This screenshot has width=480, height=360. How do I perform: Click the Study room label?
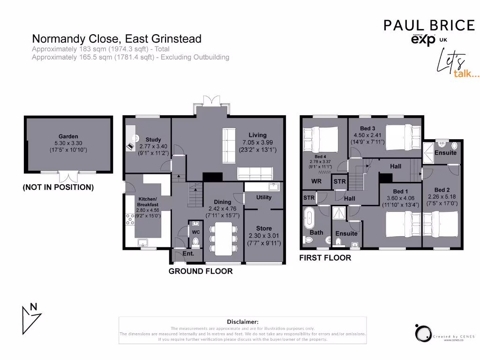click(x=153, y=140)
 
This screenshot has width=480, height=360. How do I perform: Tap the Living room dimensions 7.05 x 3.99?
click(x=257, y=142)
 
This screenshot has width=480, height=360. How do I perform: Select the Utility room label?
click(x=264, y=197)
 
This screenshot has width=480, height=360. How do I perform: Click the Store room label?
click(x=264, y=229)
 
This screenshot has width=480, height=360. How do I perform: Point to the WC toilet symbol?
click(x=196, y=242)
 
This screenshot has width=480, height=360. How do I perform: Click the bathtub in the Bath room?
click(x=309, y=219)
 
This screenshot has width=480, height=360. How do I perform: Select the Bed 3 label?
click(x=367, y=128)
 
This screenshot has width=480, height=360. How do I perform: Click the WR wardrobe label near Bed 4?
click(x=316, y=181)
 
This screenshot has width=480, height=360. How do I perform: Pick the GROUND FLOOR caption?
click(x=201, y=271)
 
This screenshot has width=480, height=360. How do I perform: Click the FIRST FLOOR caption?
click(x=325, y=258)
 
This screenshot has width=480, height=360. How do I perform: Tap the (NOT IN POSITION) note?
click(x=58, y=187)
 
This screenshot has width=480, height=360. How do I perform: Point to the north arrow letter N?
click(x=33, y=307)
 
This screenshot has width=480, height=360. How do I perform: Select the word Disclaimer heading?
click(x=242, y=322)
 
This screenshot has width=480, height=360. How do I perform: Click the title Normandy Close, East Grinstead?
click(x=116, y=38)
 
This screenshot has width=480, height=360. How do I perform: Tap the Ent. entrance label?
click(x=188, y=254)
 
